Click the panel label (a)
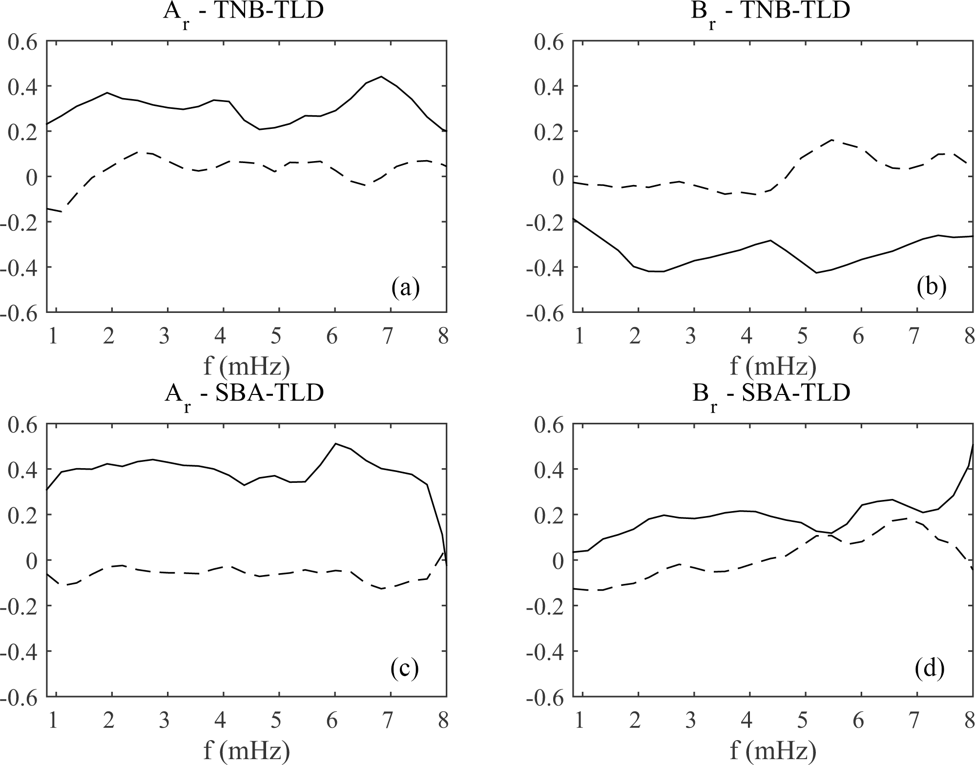point(405,289)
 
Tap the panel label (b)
point(932,289)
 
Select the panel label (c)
point(405,670)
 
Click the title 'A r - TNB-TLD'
point(243,12)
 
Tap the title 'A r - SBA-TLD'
point(243,394)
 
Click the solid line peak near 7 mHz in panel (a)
point(381,77)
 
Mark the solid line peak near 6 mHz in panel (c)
point(335,443)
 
